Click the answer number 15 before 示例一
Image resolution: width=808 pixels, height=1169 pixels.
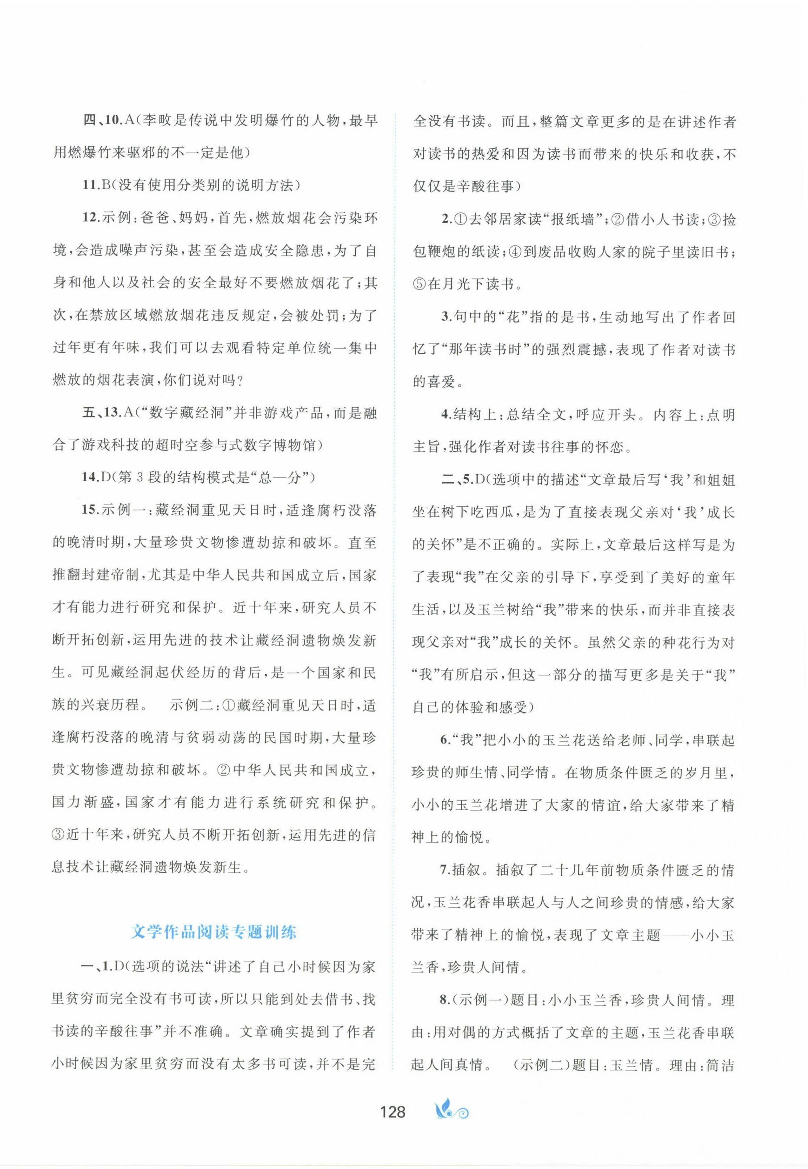coord(90,510)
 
